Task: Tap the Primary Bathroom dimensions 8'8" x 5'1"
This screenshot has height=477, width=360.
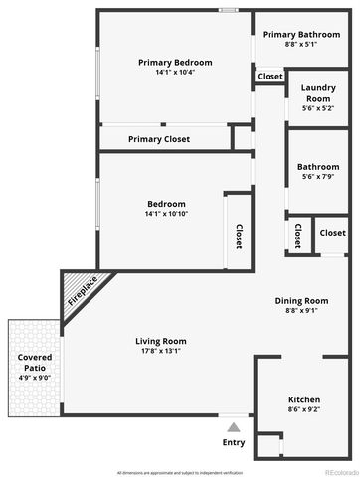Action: point(300,44)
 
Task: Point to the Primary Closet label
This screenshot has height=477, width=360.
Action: point(159,139)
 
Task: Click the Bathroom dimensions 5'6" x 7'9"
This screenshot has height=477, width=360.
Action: point(317,177)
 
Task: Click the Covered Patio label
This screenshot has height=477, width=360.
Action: point(35,362)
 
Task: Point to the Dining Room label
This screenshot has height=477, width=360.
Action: point(301,300)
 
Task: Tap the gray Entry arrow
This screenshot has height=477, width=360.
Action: point(234,427)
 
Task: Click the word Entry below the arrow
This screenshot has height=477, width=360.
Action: point(234,442)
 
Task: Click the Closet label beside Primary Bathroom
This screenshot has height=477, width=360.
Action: point(270,77)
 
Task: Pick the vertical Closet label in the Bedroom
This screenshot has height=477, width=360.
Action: point(240,235)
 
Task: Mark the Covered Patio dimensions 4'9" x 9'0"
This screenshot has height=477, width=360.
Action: point(35,378)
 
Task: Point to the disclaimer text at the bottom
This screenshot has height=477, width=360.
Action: point(180,471)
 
